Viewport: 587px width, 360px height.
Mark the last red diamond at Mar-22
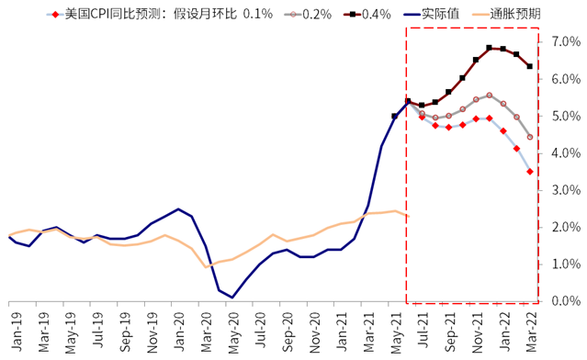click(530, 171)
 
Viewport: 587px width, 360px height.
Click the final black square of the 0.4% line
click(530, 66)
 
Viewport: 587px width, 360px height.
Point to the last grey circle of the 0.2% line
click(530, 137)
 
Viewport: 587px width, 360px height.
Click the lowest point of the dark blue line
click(232, 297)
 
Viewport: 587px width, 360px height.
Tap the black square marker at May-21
click(394, 117)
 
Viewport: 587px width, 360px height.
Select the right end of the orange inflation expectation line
click(408, 216)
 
